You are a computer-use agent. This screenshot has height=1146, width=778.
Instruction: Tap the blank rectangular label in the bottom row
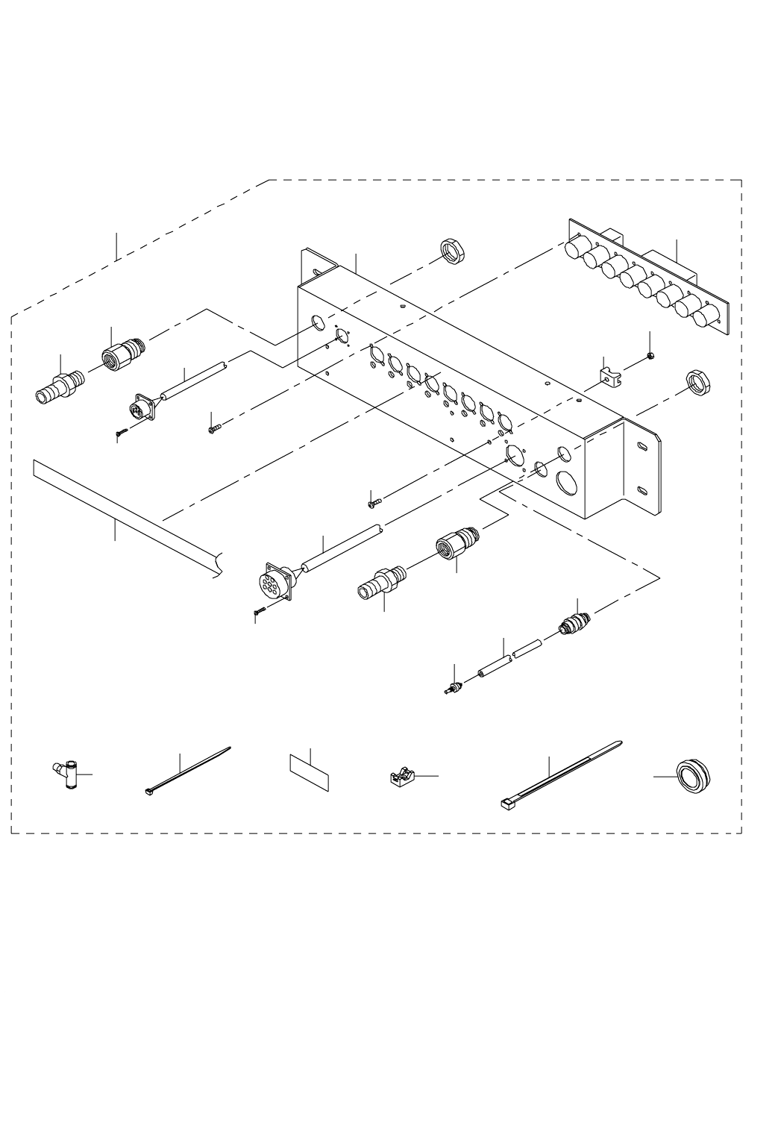[x=309, y=771]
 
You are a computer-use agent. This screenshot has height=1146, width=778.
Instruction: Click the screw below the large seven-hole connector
[x=260, y=611]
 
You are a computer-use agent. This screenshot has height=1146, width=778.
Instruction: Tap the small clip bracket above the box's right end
[x=609, y=375]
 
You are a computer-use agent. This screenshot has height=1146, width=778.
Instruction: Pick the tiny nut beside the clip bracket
[x=650, y=356]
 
